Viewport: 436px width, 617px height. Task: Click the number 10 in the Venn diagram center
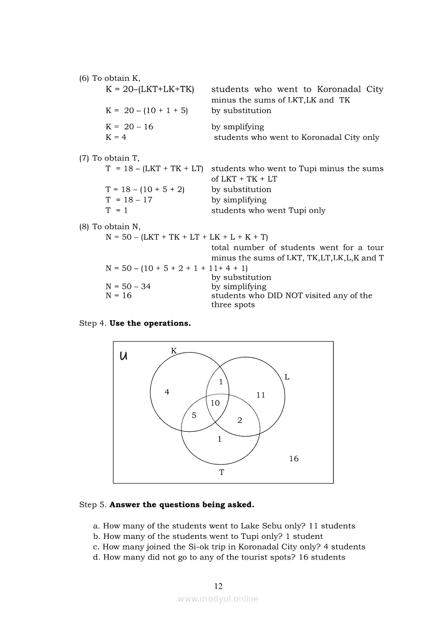215,403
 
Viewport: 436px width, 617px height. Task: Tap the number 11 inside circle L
261,395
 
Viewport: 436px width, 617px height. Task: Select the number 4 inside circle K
167,392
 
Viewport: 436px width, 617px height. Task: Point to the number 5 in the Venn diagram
194,415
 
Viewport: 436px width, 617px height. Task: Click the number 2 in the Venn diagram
240,420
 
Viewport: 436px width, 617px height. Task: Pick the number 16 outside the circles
294,459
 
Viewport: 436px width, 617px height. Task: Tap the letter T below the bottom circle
222,472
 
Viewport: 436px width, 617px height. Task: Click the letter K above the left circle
174,350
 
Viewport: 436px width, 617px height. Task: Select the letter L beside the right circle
287,377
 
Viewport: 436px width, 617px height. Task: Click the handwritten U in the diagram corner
124,356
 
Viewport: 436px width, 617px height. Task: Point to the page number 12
219,586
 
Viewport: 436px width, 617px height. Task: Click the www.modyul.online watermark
218,599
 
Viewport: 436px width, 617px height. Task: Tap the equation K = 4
116,137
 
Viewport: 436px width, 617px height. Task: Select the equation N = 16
118,296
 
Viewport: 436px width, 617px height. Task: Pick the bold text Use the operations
150,324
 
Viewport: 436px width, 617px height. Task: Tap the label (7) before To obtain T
84,158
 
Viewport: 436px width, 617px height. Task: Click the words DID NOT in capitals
287,296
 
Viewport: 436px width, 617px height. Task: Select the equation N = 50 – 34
128,287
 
